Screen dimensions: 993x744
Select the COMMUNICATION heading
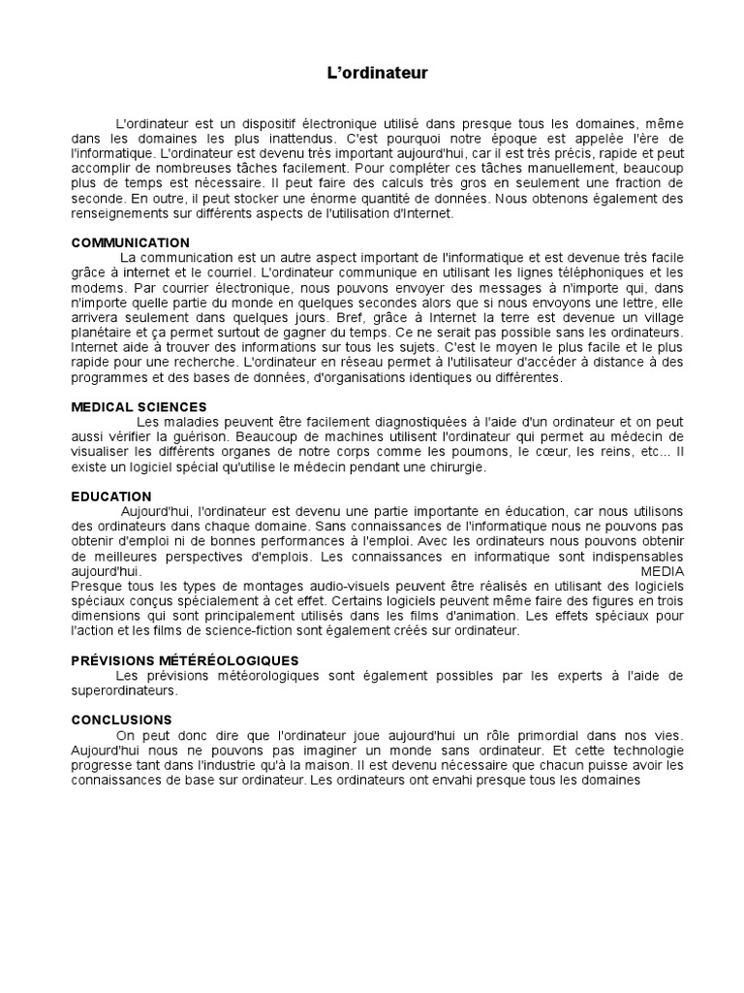coord(131,242)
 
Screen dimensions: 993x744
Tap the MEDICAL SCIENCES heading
coord(139,407)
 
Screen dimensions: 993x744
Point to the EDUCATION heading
coord(111,496)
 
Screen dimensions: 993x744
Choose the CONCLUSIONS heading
coord(122,720)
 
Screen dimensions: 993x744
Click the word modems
coord(97,288)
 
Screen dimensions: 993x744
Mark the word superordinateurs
coord(124,690)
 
